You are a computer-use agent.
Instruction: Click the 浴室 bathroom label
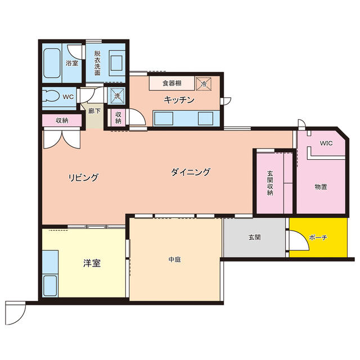pos(71,63)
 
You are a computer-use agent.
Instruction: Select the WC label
pos(69,97)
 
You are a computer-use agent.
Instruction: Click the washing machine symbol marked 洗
pos(117,96)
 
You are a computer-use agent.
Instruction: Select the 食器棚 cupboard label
pos(171,83)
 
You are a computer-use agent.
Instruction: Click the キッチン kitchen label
pos(179,100)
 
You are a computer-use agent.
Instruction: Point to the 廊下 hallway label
pos(94,111)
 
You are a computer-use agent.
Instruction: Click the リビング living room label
pos(83,178)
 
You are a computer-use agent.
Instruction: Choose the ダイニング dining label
pos(191,172)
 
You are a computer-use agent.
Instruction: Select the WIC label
pos(326,143)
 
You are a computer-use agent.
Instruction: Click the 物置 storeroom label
pos(321,186)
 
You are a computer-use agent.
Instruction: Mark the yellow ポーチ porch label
pos(318,238)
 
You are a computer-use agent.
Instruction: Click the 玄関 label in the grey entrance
pos(254,237)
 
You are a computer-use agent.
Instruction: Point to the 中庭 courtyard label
pos(174,259)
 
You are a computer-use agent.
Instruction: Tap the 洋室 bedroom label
pos(92,262)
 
